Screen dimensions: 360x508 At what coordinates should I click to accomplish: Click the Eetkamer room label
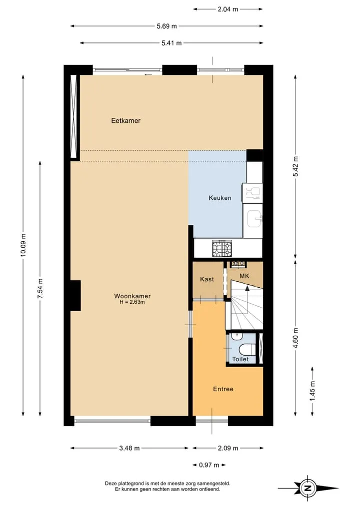pyautogui.click(x=126, y=121)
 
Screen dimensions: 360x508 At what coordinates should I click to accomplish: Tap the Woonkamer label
pyautogui.click(x=132, y=296)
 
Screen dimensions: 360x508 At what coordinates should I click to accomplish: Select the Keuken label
pyautogui.click(x=220, y=198)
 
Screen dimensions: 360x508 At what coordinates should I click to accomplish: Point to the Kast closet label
pyautogui.click(x=207, y=279)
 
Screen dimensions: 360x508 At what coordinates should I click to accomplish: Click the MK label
pyautogui.click(x=244, y=276)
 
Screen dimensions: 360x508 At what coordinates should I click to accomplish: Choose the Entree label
pyautogui.click(x=223, y=389)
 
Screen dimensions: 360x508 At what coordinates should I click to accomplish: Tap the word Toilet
pyautogui.click(x=240, y=359)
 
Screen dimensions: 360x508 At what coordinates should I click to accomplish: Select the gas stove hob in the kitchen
pyautogui.click(x=222, y=249)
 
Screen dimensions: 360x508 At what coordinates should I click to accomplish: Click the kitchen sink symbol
pyautogui.click(x=254, y=219)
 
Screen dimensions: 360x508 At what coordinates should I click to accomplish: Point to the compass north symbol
pyautogui.click(x=308, y=488)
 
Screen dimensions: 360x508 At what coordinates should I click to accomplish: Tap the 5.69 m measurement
pyautogui.click(x=166, y=26)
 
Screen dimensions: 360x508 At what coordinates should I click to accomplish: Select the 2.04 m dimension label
pyautogui.click(x=227, y=9)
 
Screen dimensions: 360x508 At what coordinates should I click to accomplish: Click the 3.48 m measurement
pyautogui.click(x=129, y=449)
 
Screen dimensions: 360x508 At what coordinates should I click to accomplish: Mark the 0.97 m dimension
pyautogui.click(x=209, y=465)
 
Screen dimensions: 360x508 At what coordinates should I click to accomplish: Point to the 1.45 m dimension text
pyautogui.click(x=312, y=391)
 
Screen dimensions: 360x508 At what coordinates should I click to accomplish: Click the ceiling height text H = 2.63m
pyautogui.click(x=132, y=302)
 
